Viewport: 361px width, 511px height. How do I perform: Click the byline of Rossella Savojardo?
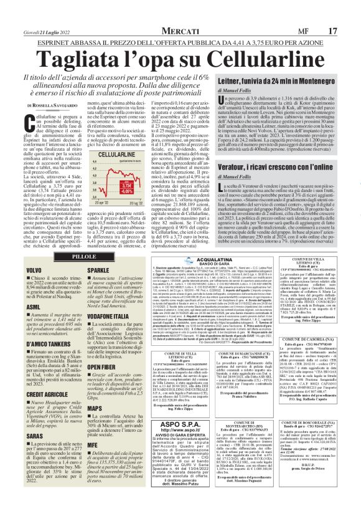[52, 106]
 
